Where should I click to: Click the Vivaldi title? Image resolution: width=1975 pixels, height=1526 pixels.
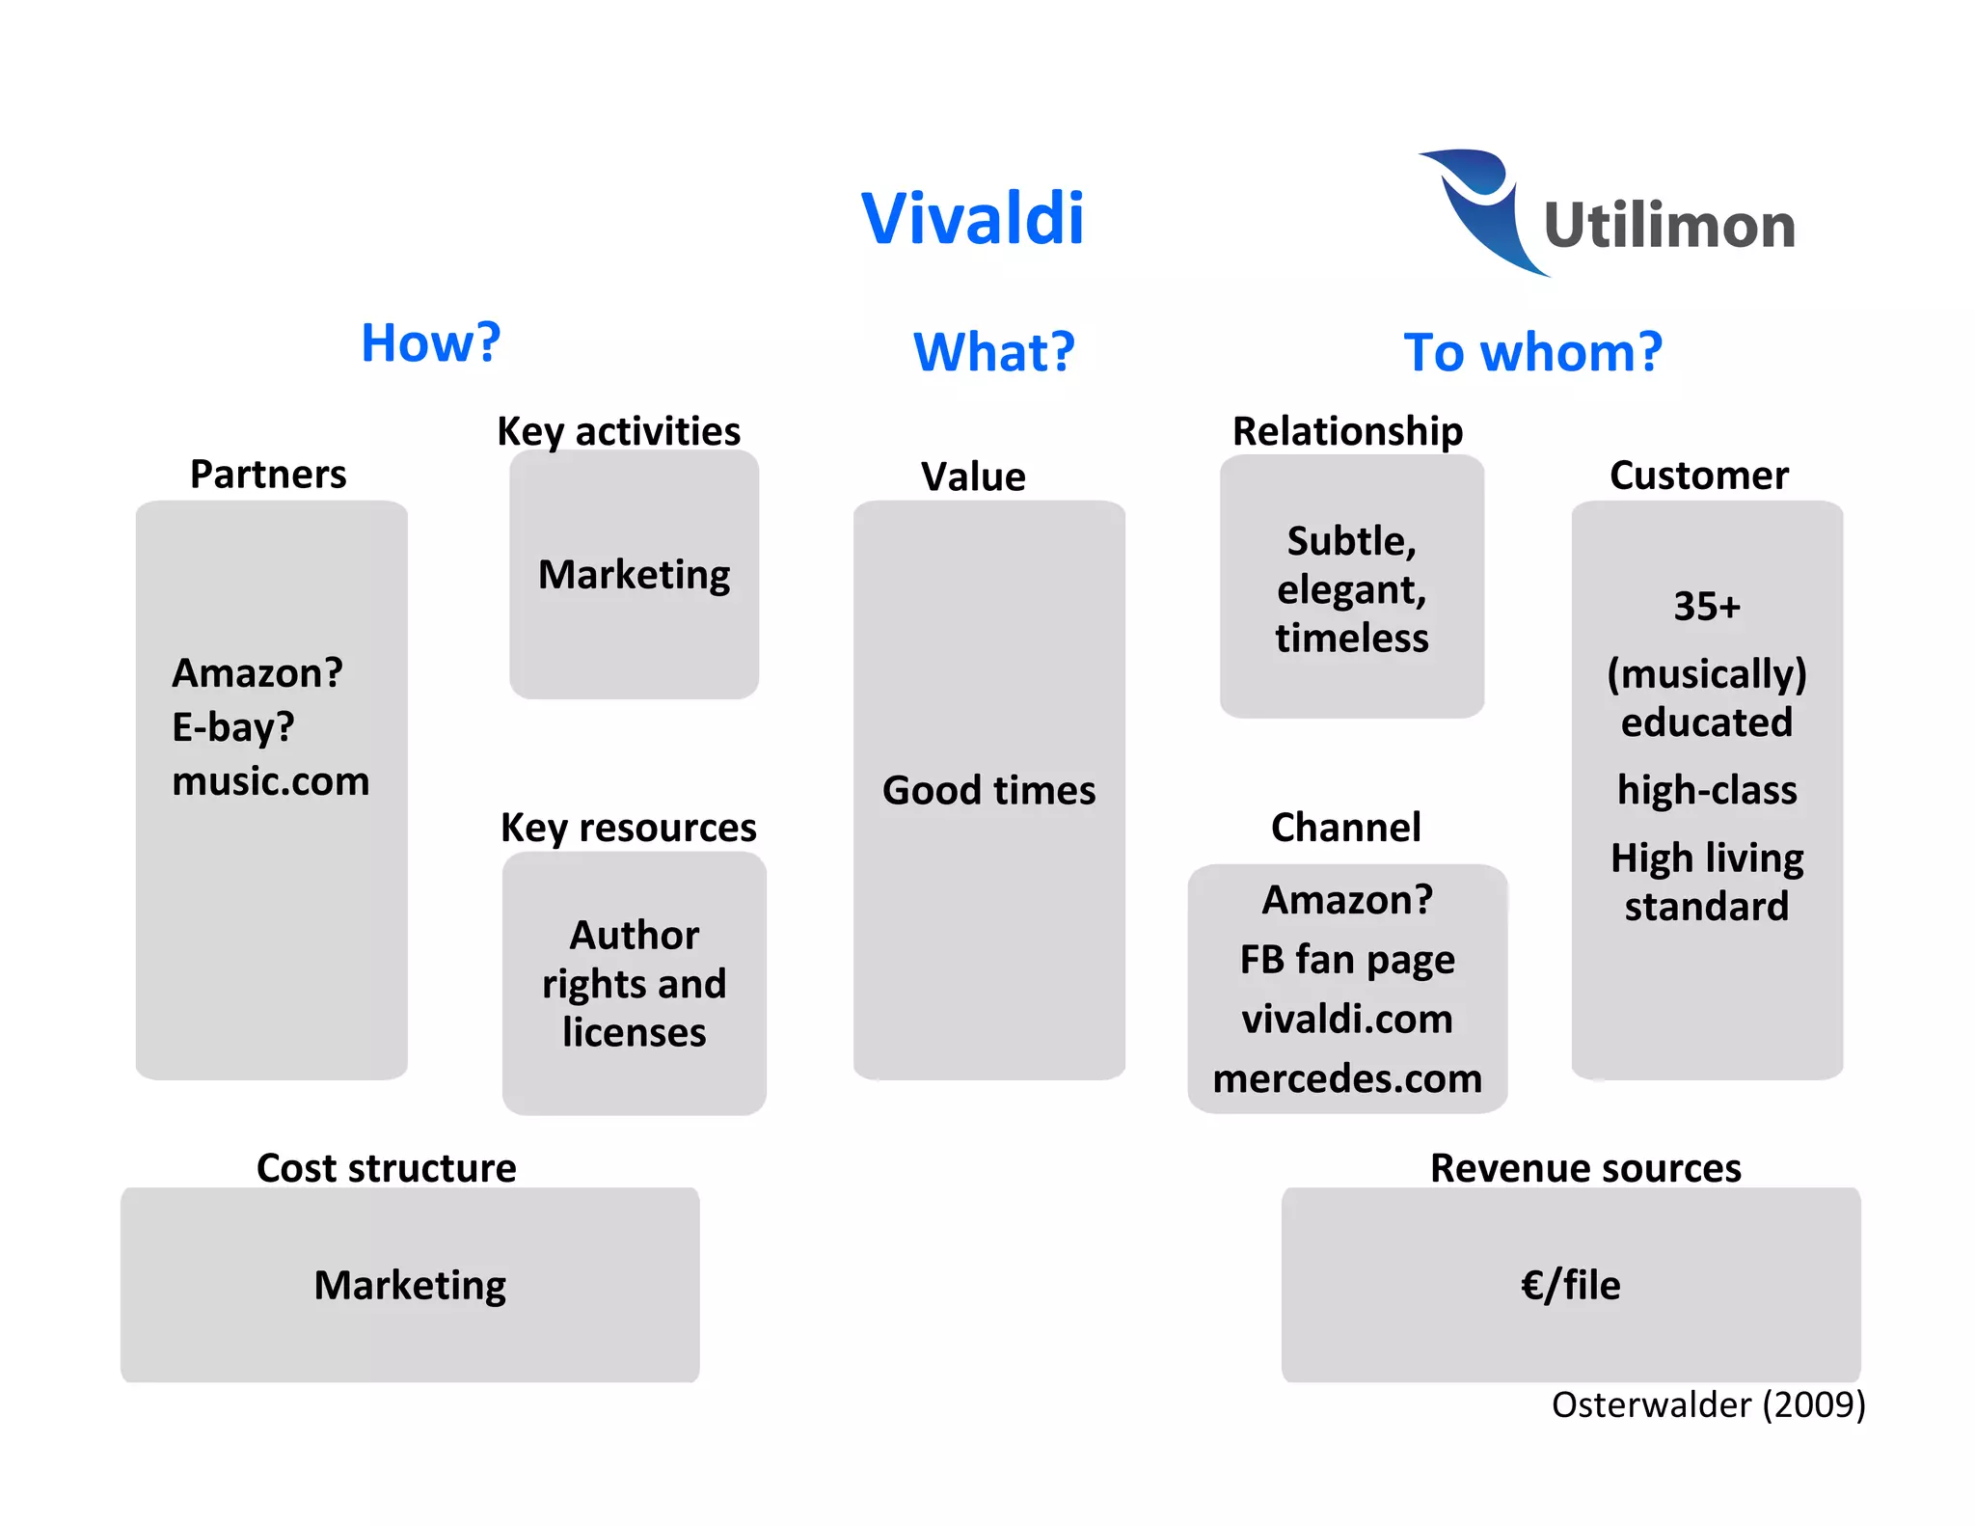(x=972, y=219)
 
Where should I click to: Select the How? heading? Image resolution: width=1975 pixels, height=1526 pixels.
(x=431, y=342)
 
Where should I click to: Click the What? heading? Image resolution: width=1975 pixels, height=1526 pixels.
(x=993, y=352)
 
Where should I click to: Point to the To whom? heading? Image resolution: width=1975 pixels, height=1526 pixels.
(x=1532, y=352)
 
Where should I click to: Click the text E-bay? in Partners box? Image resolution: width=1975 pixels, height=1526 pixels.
(x=232, y=727)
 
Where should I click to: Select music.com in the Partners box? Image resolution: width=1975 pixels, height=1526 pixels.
(x=270, y=781)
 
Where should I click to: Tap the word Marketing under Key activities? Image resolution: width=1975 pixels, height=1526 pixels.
(x=634, y=575)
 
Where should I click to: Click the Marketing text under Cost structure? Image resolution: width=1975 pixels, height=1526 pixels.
(x=410, y=1286)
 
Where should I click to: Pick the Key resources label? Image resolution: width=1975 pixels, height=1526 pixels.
(x=628, y=828)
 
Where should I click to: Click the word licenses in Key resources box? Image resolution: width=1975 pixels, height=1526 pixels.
(x=634, y=1033)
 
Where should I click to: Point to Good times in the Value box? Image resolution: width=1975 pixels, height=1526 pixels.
(x=988, y=791)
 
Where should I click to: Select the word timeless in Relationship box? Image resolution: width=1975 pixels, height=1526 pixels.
(x=1351, y=639)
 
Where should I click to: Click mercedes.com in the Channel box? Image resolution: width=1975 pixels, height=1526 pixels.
(x=1346, y=1078)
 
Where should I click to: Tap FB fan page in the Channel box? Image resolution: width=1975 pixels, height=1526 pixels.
(x=1346, y=960)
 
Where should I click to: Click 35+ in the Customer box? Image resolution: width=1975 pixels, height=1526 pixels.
(x=1706, y=607)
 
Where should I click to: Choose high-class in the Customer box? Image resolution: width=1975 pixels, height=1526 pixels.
(x=1706, y=790)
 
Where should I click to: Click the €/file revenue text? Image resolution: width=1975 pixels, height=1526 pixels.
(x=1570, y=1286)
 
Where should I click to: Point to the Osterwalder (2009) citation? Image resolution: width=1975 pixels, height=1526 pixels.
(x=1708, y=1404)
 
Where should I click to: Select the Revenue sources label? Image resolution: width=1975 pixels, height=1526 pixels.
(x=1584, y=1168)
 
